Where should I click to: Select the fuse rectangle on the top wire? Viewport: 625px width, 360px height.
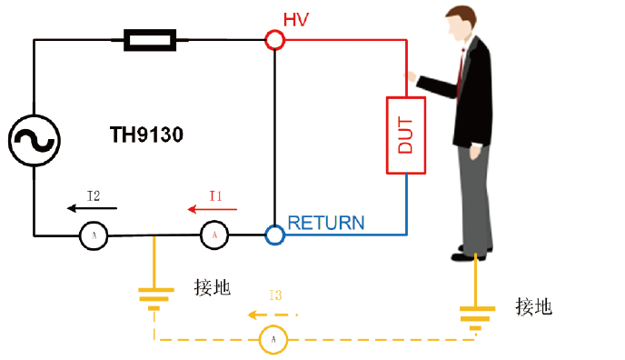(150, 40)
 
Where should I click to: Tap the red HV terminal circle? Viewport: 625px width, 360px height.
(274, 40)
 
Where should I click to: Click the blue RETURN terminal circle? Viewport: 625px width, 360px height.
(274, 235)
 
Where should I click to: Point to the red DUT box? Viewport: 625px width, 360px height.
(405, 134)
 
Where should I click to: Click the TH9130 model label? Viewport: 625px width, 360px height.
(146, 136)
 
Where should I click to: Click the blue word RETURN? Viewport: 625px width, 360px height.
(326, 223)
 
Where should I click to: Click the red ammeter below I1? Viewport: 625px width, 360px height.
(214, 235)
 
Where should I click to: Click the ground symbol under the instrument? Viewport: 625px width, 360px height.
(154, 297)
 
